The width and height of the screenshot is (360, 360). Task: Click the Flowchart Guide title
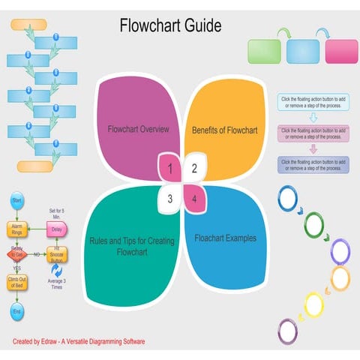point(170,26)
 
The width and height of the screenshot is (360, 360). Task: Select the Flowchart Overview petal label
point(138,129)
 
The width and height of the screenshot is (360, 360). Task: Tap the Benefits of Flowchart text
point(224,130)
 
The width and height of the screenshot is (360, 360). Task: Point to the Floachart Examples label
point(226,238)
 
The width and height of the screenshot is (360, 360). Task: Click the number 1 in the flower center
point(170,169)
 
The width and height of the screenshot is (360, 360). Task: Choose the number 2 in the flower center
point(194,169)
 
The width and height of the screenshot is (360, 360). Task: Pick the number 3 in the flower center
point(170,199)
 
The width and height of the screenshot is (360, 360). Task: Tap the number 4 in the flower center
point(194,199)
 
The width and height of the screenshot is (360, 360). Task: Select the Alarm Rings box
point(16,228)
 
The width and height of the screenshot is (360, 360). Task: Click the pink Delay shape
point(56,228)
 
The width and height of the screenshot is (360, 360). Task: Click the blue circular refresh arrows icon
point(55,271)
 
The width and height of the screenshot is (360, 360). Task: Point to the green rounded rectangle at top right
point(264,52)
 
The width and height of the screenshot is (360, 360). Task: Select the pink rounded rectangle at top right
point(342,52)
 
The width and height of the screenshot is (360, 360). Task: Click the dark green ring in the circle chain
point(314,223)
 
